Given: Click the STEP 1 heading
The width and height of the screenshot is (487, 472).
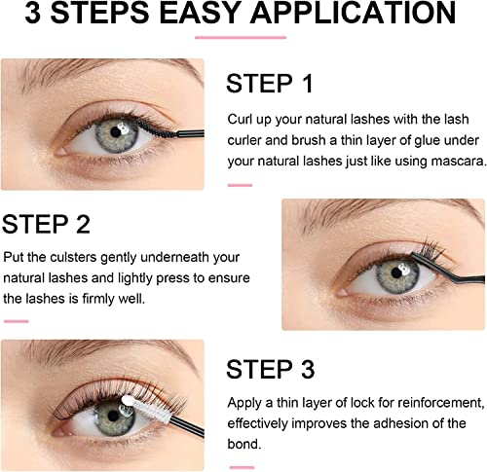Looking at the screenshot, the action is (269, 84).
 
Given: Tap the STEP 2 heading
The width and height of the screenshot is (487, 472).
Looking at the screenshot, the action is (46, 224).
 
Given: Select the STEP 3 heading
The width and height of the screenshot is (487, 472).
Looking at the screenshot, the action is (270, 369).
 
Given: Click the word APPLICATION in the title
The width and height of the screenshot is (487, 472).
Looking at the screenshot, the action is (353, 13).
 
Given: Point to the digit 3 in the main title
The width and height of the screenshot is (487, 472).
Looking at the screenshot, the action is (33, 13).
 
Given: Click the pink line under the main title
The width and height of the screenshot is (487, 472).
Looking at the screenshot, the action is (241, 38).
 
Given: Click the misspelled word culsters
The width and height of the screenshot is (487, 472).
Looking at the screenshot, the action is (73, 257).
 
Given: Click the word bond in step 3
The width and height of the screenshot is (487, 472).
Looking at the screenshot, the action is (243, 444).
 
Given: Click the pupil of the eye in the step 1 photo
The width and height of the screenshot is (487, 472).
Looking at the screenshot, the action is (116, 131).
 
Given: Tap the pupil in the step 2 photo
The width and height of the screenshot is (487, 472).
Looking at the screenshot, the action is (396, 273).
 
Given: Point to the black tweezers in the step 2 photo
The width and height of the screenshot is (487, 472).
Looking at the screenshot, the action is (448, 269).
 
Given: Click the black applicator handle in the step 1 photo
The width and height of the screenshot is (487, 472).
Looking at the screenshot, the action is (190, 133).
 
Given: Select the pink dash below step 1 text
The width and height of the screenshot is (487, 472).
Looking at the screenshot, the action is (240, 185).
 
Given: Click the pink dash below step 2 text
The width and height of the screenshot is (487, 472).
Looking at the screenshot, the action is (17, 321).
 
